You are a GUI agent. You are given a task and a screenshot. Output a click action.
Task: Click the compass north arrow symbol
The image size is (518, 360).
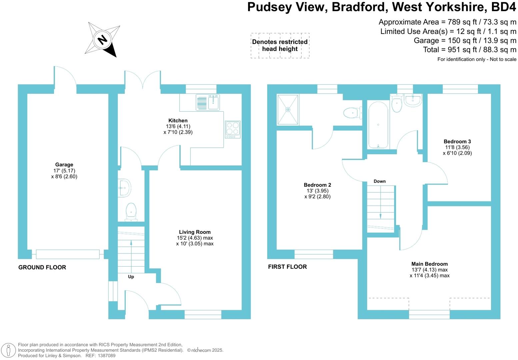click(103, 40)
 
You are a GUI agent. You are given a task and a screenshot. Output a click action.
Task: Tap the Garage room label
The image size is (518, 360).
click(64, 165)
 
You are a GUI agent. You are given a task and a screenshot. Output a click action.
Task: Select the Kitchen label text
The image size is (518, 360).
click(178, 121)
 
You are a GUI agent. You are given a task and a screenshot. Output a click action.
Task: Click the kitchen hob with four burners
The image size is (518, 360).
click(232, 129)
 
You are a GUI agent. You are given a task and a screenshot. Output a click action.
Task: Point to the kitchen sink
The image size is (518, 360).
click(213, 102)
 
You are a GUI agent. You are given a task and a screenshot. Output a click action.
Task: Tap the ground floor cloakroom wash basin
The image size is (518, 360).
click(124, 188)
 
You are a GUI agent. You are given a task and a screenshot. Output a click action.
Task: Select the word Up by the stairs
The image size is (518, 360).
click(131, 277)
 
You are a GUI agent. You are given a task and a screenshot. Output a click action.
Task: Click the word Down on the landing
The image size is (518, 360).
click(380, 181)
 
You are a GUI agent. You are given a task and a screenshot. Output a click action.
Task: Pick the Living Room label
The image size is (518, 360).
click(195, 232)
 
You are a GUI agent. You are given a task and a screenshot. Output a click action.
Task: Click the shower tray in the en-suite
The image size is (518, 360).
click(287, 109)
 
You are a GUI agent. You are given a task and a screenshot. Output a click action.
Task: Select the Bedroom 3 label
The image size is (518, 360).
click(457, 142)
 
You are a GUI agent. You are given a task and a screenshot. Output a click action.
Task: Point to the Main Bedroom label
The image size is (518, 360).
click(429, 264)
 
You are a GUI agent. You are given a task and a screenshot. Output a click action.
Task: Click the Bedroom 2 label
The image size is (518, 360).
click(317, 185)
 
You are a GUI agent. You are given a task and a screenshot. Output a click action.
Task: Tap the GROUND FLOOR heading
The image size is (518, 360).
click(42, 267)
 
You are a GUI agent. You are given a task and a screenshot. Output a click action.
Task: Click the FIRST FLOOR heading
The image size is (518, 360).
click(287, 267)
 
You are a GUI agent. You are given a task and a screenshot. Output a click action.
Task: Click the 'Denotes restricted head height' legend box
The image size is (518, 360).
click(280, 45)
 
